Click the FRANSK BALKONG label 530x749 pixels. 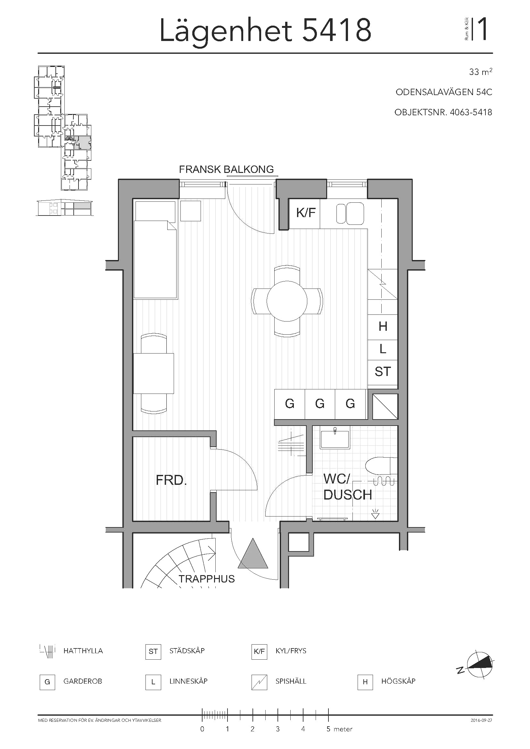(226, 169)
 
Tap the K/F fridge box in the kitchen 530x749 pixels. (305, 213)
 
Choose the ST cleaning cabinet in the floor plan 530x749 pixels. (383, 372)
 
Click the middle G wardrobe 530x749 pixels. (320, 404)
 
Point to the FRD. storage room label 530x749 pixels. (171, 480)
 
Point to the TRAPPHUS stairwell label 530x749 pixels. (207, 579)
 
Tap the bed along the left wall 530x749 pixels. (156, 250)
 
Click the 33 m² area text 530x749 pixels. (480, 72)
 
